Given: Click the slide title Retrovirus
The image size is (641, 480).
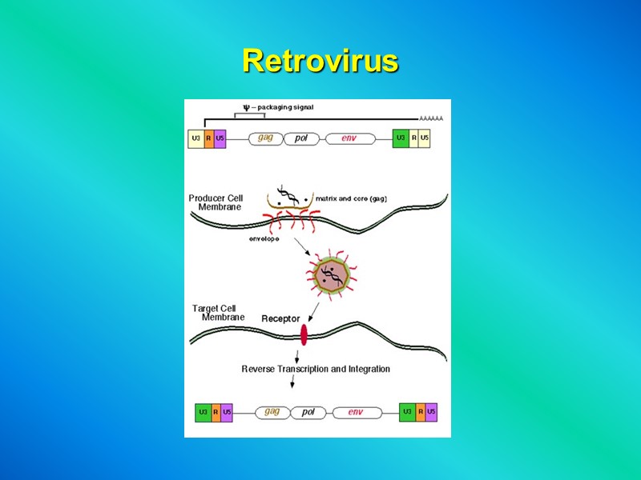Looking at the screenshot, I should click(320, 61).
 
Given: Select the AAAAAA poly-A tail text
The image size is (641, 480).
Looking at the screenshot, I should click(431, 118).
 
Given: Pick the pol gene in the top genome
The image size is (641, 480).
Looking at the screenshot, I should click(301, 138).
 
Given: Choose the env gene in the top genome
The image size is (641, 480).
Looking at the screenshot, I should click(349, 138).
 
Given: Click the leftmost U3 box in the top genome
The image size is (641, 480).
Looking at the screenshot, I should click(196, 138).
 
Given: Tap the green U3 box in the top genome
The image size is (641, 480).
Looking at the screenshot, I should click(400, 138).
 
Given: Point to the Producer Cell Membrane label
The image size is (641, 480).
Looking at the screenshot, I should click(216, 202).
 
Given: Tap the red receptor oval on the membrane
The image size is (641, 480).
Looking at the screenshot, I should click(304, 334).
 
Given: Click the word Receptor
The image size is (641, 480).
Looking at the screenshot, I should click(280, 319).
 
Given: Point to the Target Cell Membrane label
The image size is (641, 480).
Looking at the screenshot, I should click(219, 313).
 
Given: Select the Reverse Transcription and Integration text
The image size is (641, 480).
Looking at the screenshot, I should click(316, 369).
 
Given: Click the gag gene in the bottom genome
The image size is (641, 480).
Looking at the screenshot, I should click(272, 412).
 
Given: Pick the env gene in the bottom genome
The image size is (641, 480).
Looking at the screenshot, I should click(356, 412).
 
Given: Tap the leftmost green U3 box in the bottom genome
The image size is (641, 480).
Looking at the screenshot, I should click(204, 412).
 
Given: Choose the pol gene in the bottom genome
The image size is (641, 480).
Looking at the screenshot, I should click(308, 412).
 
